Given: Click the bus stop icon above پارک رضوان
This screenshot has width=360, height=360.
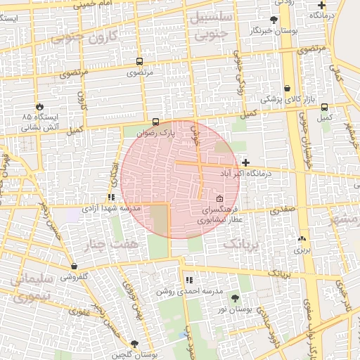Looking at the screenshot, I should pyautogui.click(x=155, y=121).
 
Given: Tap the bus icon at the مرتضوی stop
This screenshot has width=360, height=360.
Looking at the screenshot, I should pyautogui.click(x=139, y=62).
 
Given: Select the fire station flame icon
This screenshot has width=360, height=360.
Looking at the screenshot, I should pyautogui.click(x=39, y=106).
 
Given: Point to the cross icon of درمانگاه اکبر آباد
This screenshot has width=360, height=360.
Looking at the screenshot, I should pyautogui.click(x=245, y=162).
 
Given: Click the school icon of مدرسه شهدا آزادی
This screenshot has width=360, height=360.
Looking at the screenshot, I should pyautogui.click(x=110, y=198).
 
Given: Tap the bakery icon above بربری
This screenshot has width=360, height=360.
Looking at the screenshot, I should pyautogui.click(x=301, y=239).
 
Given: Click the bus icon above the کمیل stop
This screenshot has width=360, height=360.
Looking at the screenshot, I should pyautogui.click(x=323, y=107).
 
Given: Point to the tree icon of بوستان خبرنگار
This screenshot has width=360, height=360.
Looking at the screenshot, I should pyautogui.click(x=274, y=20).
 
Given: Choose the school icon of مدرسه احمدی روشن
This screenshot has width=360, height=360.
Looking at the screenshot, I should pyautogui.click(x=188, y=280).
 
